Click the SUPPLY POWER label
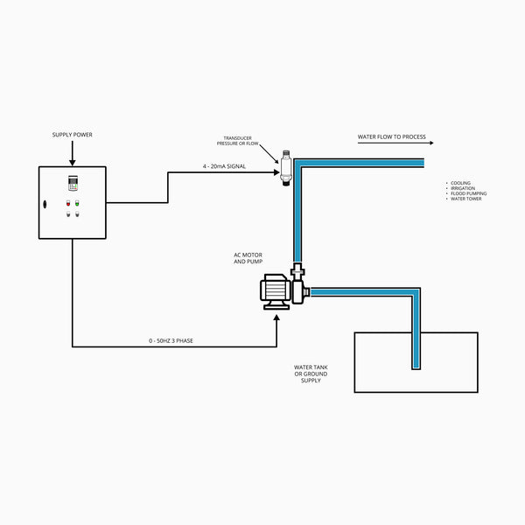[73, 135]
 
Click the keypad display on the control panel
[73, 185]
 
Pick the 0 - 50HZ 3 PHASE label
[172, 340]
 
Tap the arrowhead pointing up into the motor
[276, 317]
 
